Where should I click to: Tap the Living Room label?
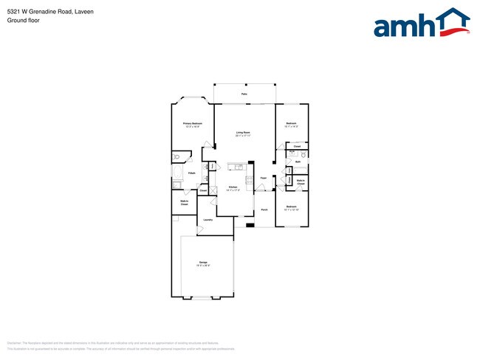click(244, 134)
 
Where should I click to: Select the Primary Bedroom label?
click(193, 123)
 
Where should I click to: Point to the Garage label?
click(203, 263)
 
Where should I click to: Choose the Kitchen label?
click(233, 188)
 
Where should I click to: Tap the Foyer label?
click(264, 179)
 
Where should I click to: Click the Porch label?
click(264, 210)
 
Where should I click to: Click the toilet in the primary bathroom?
click(176, 156)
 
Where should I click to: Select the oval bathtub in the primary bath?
click(178, 173)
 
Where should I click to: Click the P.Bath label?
click(191, 173)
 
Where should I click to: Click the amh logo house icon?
click(450, 22)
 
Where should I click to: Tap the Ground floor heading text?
click(23, 21)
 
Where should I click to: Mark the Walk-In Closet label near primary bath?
click(184, 203)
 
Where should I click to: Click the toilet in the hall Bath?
click(304, 155)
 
